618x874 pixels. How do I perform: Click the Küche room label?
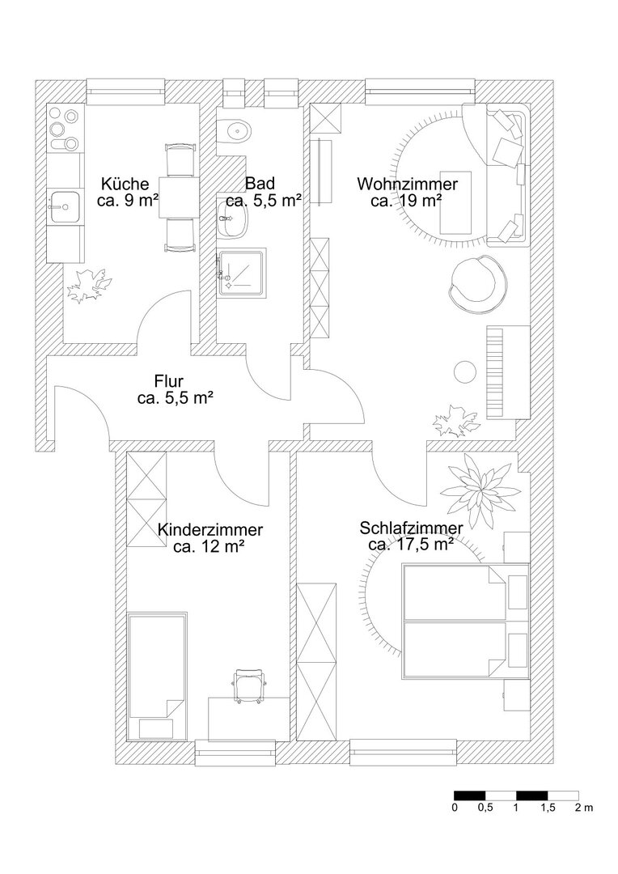tap(125, 184)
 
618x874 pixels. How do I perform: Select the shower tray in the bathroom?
tap(242, 271)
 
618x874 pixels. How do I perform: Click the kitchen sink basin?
tap(65, 207)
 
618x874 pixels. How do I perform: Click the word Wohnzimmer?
tap(407, 184)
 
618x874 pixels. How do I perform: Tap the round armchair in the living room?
tap(478, 282)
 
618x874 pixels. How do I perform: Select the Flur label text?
tap(169, 382)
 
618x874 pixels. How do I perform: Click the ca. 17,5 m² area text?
tap(411, 544)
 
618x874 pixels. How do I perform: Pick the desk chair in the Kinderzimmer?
tap(249, 687)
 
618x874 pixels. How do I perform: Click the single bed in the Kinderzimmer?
tap(157, 677)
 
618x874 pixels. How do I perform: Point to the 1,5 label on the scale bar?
tap(548, 808)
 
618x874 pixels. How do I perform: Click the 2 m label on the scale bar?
tap(584, 808)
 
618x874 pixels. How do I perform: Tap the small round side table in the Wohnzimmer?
tap(464, 372)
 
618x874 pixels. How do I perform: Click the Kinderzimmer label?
tap(210, 529)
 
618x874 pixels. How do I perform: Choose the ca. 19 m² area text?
tap(406, 200)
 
